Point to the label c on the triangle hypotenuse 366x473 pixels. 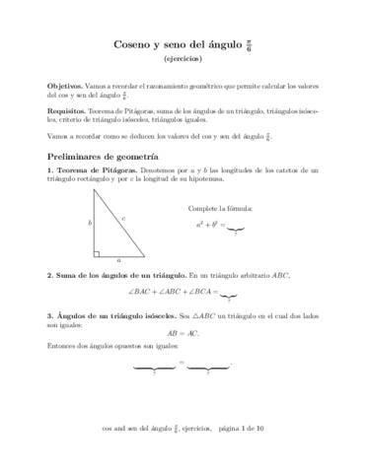click(121, 219)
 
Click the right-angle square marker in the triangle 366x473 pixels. click(97, 253)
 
